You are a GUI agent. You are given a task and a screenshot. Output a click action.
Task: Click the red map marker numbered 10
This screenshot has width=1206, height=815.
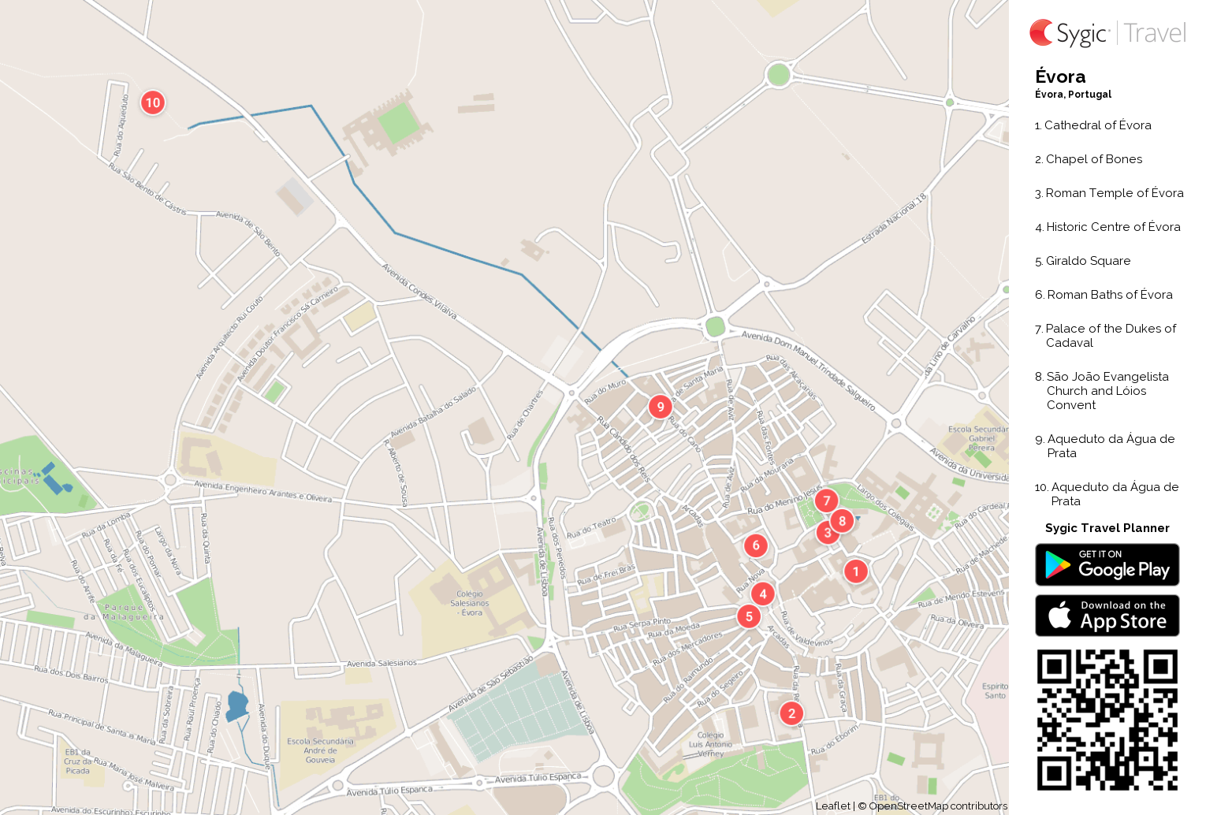coord(153,102)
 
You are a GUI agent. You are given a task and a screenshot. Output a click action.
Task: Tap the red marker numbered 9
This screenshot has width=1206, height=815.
coord(661,407)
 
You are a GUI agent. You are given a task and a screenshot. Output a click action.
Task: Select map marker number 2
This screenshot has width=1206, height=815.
coord(791,713)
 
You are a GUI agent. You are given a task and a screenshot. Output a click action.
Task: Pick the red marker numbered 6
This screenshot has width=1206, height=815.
coord(756,545)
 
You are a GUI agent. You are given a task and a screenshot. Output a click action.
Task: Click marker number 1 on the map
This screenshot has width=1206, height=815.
coord(856,571)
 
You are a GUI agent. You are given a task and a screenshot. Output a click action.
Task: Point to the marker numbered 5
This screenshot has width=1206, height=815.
coord(749,616)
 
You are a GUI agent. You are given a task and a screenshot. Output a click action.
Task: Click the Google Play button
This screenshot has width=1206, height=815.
coord(1107,565)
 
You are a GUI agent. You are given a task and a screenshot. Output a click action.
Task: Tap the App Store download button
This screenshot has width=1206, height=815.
coord(1107,616)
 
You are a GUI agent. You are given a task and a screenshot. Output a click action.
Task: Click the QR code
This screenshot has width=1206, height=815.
coord(1107,720)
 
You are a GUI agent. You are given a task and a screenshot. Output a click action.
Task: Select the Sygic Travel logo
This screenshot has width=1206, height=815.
coord(1107,33)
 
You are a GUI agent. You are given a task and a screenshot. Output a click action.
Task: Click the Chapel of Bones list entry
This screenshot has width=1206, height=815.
coord(1093,159)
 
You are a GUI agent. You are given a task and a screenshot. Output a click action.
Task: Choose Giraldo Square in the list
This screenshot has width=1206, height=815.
coord(1088,261)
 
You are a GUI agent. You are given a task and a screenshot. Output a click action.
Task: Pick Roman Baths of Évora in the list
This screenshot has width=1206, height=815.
coord(1109,295)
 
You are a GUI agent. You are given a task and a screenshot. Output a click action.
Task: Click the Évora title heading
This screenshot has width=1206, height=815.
coord(1060,76)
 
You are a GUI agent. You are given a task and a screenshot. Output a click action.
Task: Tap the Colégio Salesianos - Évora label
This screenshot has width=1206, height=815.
coord(470,603)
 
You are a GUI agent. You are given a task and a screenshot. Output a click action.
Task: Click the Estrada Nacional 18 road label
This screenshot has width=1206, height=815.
coord(894,218)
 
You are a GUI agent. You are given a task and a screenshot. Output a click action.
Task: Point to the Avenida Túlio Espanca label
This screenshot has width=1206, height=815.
coord(538,778)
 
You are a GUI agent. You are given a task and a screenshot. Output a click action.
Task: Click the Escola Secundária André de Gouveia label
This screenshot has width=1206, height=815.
coord(320,750)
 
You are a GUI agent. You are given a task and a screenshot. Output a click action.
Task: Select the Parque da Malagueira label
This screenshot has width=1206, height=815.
coord(125,612)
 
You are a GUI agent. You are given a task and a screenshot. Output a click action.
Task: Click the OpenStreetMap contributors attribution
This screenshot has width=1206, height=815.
coord(937,806)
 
